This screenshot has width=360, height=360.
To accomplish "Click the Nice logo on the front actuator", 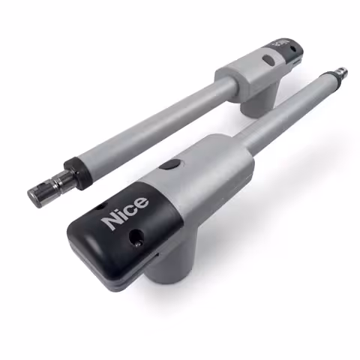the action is [x=125, y=213].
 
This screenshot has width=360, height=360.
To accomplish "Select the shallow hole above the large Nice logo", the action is [x=100, y=207].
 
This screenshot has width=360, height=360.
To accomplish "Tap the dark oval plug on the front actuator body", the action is [x=171, y=164].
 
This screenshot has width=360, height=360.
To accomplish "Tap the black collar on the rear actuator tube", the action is [x=76, y=172].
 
